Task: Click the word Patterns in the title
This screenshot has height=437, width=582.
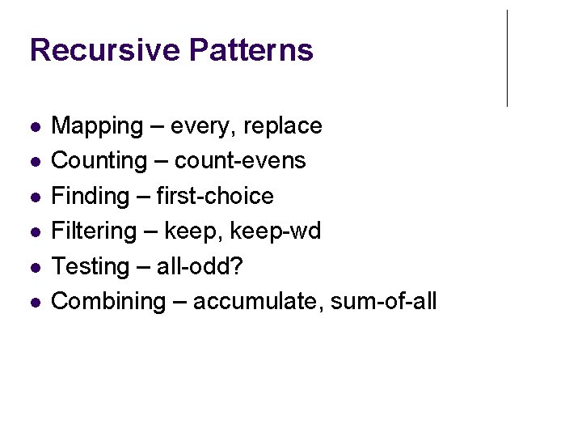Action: tap(251, 50)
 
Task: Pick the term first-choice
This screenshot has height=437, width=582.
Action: tap(214, 196)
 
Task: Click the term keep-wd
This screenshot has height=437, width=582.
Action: tap(276, 231)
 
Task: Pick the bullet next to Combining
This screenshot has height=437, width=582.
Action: tap(33, 303)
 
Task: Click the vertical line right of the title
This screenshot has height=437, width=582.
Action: tap(507, 58)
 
